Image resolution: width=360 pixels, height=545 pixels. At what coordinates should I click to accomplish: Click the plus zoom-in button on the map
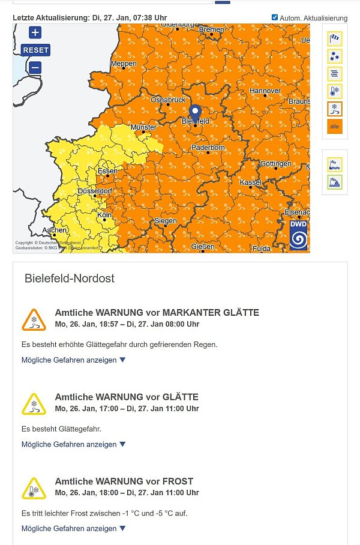pyautogui.click(x=35, y=33)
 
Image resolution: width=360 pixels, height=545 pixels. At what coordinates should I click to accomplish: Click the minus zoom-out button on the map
pyautogui.click(x=35, y=68)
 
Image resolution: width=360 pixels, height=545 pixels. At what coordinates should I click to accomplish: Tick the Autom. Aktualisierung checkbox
pyautogui.click(x=275, y=18)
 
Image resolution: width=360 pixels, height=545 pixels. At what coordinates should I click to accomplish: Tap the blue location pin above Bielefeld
pyautogui.click(x=195, y=112)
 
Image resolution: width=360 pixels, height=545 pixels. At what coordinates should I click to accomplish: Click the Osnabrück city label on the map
pyautogui.click(x=168, y=100)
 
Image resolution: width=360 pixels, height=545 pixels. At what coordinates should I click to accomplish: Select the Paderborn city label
pyautogui.click(x=208, y=148)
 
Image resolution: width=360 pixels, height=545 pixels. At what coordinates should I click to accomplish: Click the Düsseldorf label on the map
pyautogui.click(x=95, y=191)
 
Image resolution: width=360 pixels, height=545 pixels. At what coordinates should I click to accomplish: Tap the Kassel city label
pyautogui.click(x=250, y=182)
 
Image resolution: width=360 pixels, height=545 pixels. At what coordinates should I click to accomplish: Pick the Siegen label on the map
pyautogui.click(x=165, y=221)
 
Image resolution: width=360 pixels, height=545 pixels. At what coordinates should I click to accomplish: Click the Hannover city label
pyautogui.click(x=264, y=91)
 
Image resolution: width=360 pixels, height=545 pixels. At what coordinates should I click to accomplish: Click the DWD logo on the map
pyautogui.click(x=298, y=235)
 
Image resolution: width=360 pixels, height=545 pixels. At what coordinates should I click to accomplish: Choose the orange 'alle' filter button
pyautogui.click(x=335, y=127)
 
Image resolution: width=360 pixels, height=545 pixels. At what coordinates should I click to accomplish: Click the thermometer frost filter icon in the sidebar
pyautogui.click(x=335, y=91)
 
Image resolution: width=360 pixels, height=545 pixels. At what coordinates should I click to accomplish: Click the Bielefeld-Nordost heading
pyautogui.click(x=70, y=279)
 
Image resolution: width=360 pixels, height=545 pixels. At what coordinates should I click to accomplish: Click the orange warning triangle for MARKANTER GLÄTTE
pyautogui.click(x=34, y=320)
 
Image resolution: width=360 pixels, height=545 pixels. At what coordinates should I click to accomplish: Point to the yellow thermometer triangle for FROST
pyautogui.click(x=34, y=489)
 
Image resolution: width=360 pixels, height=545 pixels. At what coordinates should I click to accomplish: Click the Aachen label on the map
pyautogui.click(x=55, y=230)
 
